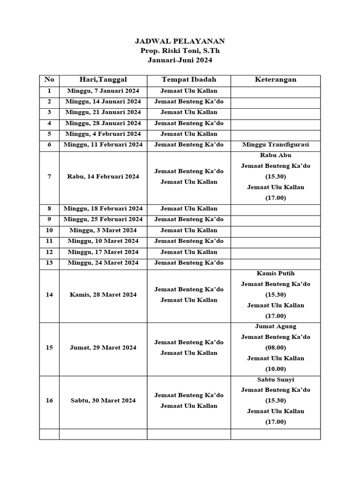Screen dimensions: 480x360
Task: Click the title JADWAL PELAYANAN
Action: tap(180, 41)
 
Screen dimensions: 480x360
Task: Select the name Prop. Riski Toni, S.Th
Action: tap(180, 51)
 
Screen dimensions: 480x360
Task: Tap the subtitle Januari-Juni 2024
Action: tap(180, 60)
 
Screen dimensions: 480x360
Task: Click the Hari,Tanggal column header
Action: tap(103, 80)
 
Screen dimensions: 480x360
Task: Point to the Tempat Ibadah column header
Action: tap(189, 80)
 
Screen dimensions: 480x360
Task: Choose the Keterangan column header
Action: tap(276, 80)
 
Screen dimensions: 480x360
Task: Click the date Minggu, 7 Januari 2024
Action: tap(103, 91)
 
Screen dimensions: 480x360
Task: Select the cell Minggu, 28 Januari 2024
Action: tap(103, 123)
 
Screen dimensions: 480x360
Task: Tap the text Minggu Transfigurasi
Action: tap(276, 145)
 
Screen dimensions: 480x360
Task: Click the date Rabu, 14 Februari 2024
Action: tap(103, 177)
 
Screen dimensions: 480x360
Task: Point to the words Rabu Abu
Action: tap(276, 155)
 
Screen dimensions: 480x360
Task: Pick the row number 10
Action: tap(49, 230)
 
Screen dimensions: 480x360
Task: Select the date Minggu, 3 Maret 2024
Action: tap(103, 230)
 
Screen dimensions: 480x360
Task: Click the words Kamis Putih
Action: tap(276, 273)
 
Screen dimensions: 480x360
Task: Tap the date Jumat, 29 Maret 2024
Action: tap(103, 347)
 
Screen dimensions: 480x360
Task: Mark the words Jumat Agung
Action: tap(276, 326)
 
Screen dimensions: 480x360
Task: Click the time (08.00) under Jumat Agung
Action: tap(276, 348)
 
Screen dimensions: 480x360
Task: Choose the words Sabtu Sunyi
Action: tap(276, 379)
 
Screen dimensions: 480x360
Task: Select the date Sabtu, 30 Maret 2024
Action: tap(103, 400)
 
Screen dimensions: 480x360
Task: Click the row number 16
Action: tap(49, 400)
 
